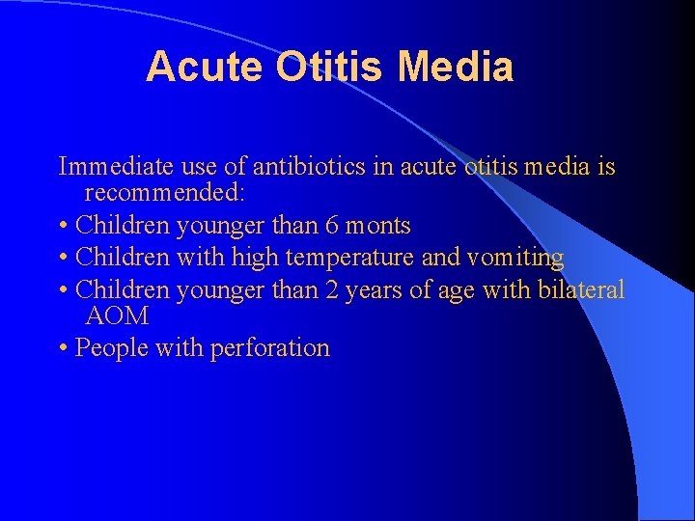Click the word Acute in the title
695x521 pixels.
click(x=205, y=68)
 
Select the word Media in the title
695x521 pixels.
click(x=455, y=68)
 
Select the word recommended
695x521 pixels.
click(x=165, y=193)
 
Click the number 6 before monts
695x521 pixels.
click(x=331, y=226)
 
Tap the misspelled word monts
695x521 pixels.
click(x=378, y=227)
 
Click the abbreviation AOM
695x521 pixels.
click(x=117, y=315)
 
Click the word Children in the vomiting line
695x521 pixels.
click(x=123, y=258)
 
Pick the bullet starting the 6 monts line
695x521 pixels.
click(x=63, y=227)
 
